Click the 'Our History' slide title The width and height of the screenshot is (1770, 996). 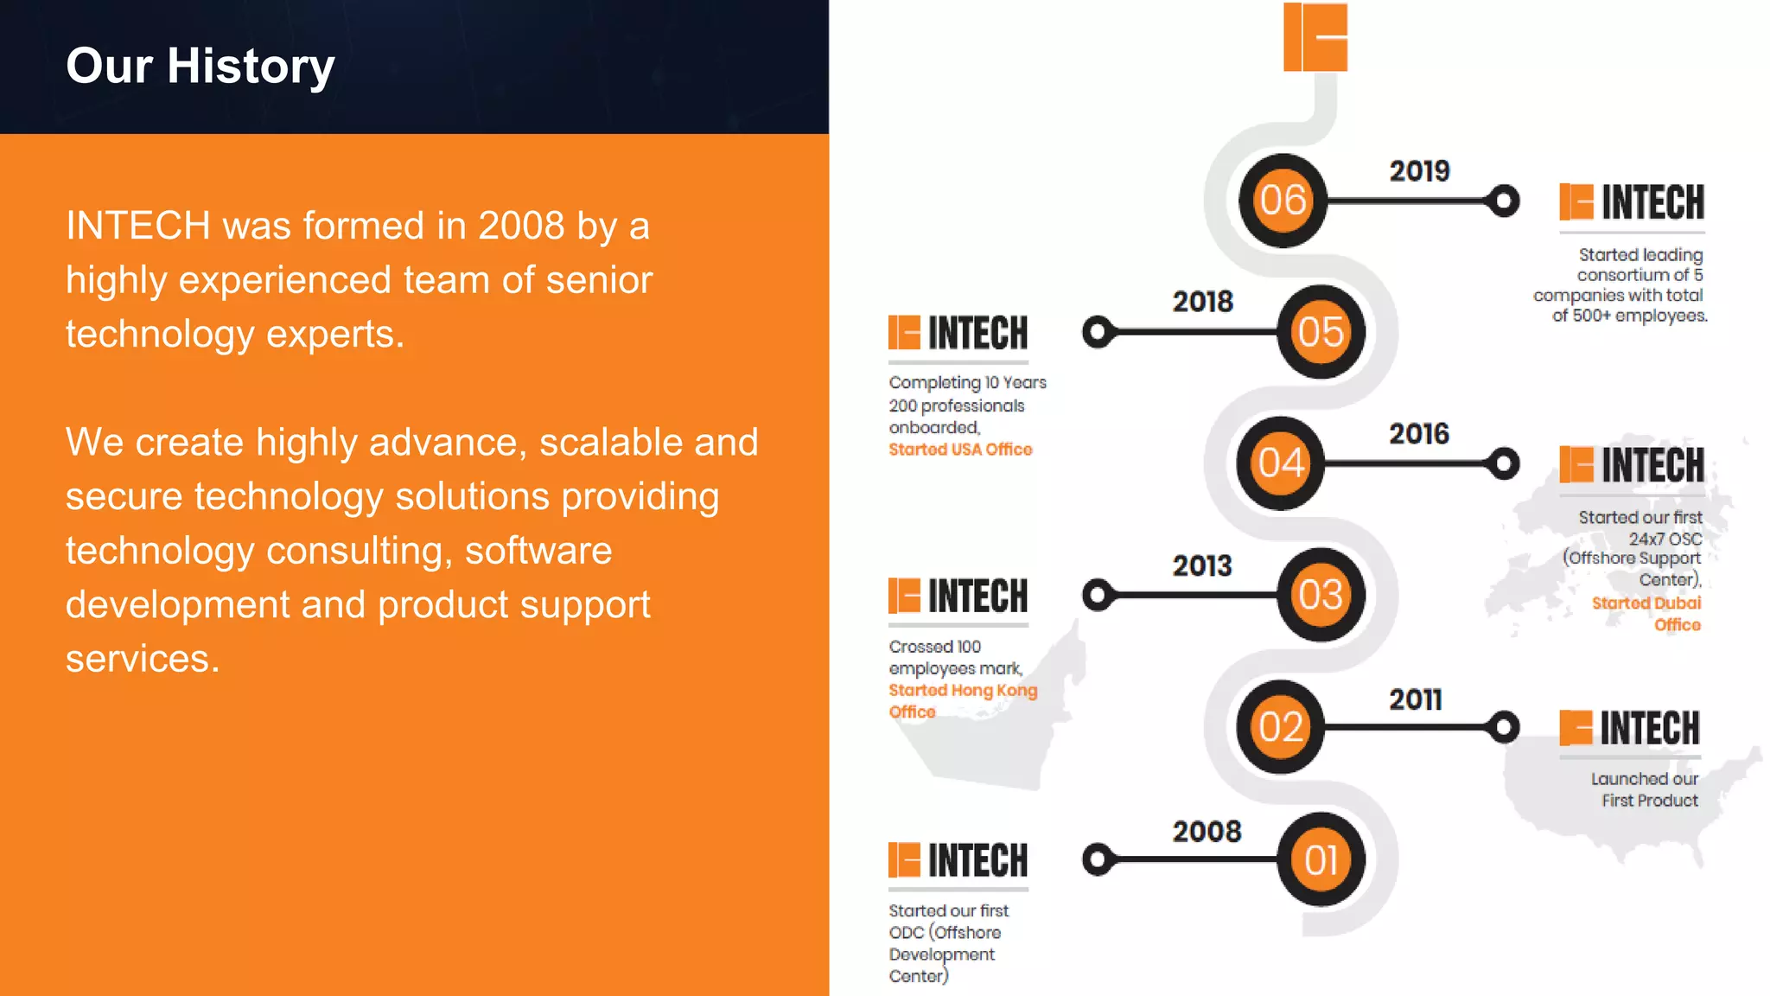point(201,66)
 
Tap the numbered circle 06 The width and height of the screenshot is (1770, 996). point(1283,201)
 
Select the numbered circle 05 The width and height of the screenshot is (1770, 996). point(1321,332)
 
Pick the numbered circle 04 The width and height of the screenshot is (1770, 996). point(1281,463)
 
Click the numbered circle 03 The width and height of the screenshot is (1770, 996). point(1321,595)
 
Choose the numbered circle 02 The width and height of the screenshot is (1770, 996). point(1281,727)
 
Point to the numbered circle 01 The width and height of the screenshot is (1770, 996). point(1321,859)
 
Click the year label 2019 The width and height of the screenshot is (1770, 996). point(1419,171)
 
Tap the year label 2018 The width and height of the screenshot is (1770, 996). point(1202,302)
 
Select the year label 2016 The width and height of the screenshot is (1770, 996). point(1419,434)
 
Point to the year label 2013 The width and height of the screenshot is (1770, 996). point(1202,566)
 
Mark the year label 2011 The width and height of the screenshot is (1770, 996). point(1416,699)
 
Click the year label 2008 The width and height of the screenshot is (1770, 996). point(1207,832)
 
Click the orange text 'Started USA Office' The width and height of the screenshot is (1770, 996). point(960,450)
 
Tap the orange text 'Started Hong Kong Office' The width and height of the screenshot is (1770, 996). point(962,700)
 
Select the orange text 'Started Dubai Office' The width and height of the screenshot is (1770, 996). point(1646,614)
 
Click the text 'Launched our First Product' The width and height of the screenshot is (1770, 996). point(1645,789)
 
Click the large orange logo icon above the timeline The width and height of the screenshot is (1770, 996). point(1315,37)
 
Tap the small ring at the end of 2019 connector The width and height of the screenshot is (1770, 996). point(1504,201)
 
